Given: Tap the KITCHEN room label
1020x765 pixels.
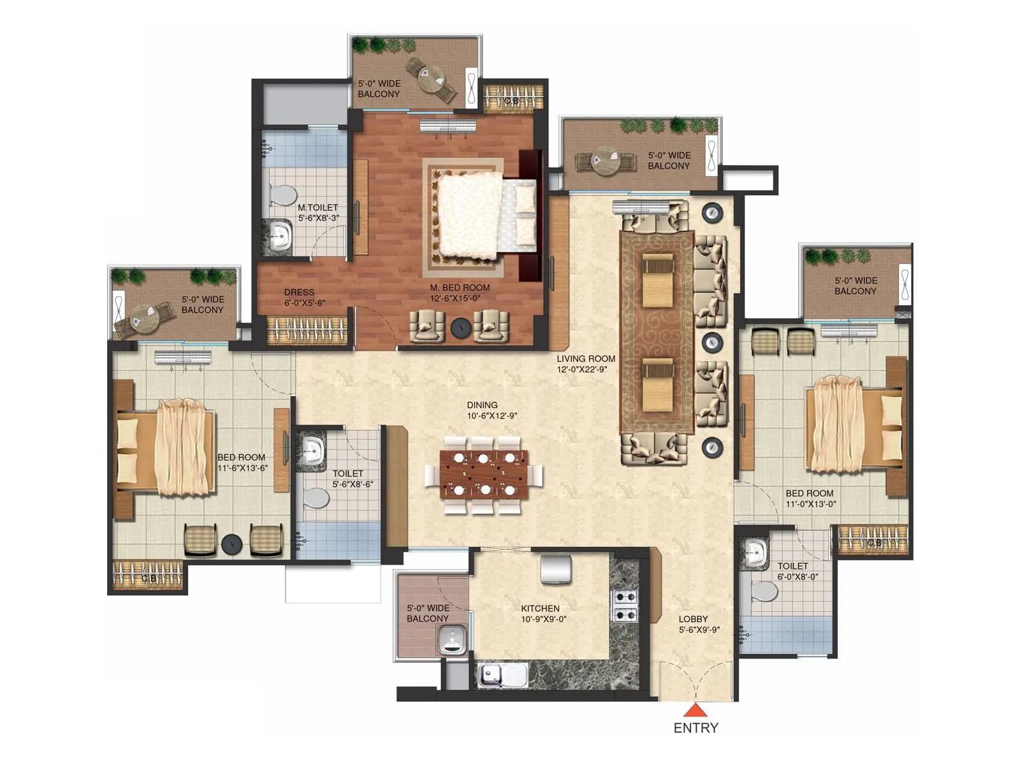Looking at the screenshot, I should [x=540, y=608].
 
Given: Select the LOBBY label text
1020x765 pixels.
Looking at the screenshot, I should [x=693, y=618].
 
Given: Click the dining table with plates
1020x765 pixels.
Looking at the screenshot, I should [x=484, y=474].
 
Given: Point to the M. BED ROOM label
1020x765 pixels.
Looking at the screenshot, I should [x=460, y=288].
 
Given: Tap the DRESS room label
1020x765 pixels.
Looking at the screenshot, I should [x=299, y=292].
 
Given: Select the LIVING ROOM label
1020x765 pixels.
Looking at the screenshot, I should [x=586, y=358].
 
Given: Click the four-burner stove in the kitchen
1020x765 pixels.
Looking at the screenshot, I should [x=625, y=606].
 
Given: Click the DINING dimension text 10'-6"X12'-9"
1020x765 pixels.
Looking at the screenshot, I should [x=492, y=416].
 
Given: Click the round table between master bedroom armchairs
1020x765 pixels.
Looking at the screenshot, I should [x=460, y=328].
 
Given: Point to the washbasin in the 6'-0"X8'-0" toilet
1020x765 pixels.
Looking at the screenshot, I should [x=757, y=552].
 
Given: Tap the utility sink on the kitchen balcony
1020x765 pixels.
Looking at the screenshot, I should [x=453, y=639].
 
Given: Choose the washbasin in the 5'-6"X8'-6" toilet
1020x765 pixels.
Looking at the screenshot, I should [x=312, y=451].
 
